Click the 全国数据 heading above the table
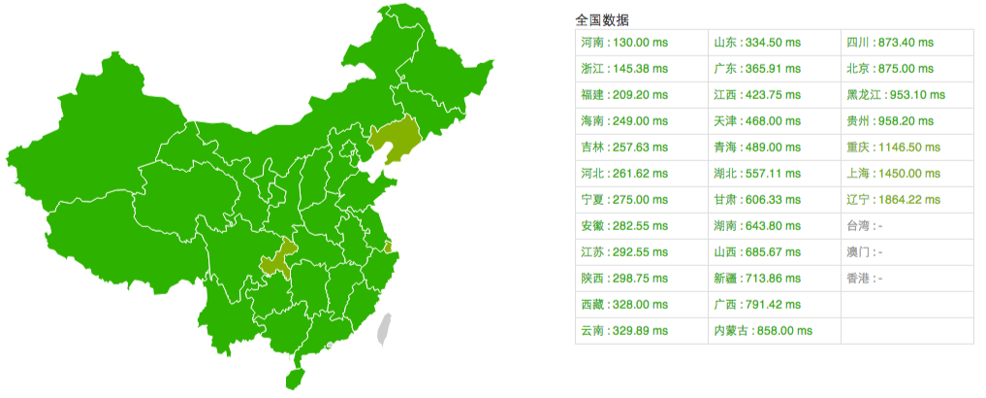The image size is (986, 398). (601, 19)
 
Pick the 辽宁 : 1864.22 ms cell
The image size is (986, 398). (892, 199)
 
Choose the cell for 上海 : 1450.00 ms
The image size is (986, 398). (892, 174)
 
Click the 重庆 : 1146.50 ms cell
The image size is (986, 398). (892, 148)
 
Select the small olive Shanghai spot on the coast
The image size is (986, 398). (388, 248)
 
